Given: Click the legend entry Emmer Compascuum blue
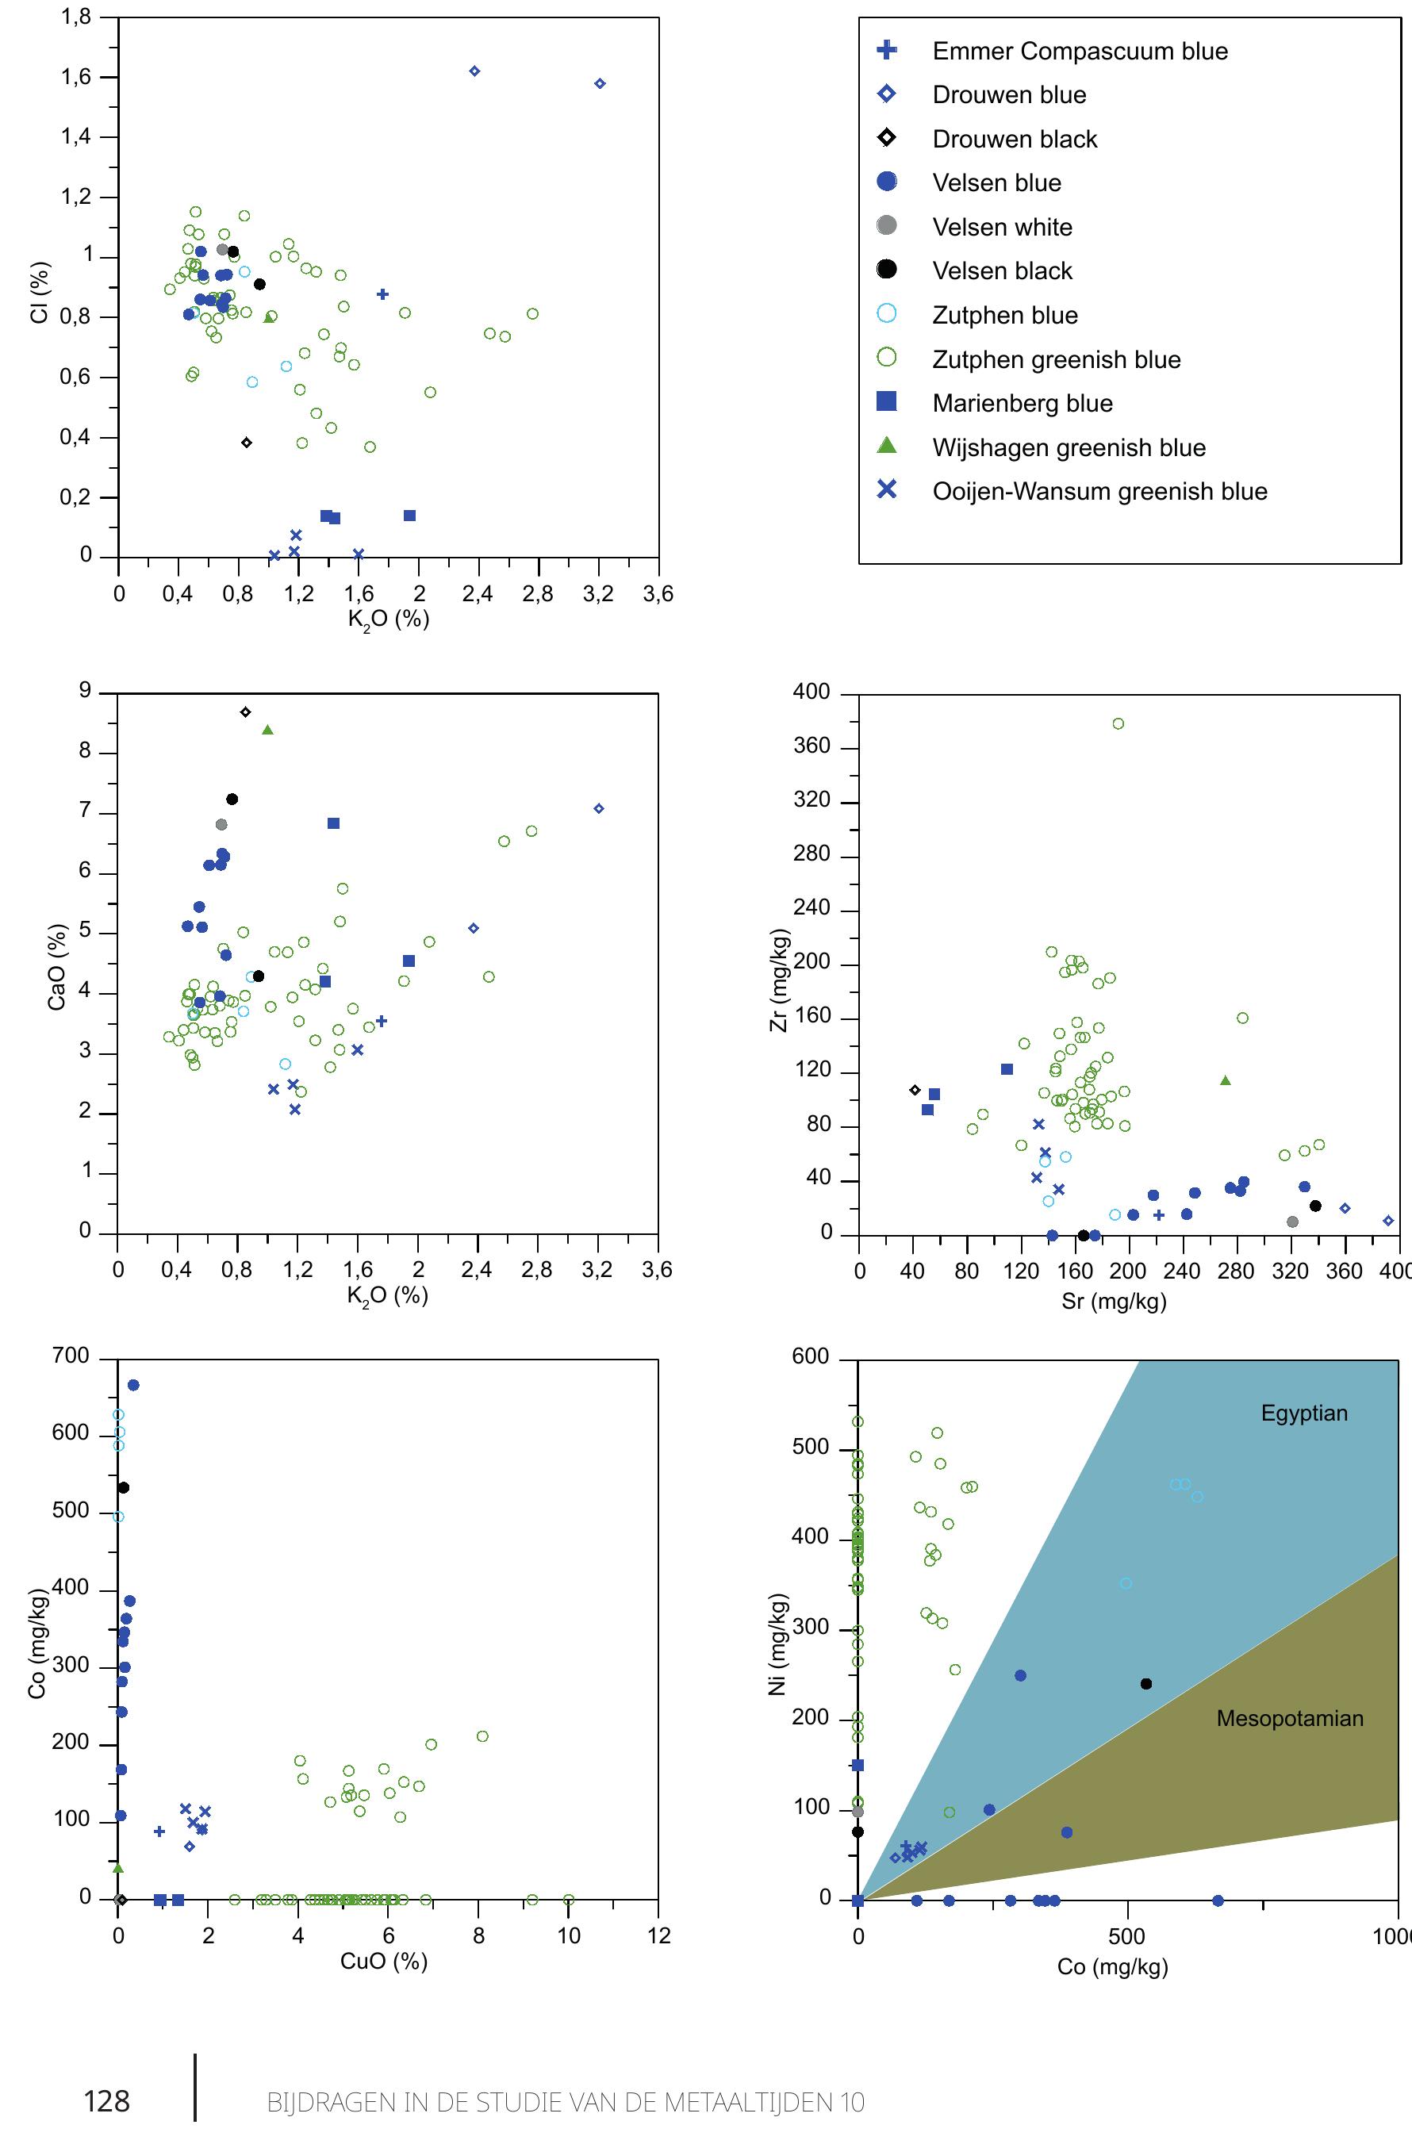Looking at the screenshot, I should click(x=1080, y=52).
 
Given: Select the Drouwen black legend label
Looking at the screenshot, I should click(x=1015, y=140).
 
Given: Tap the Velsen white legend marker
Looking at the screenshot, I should click(x=887, y=225).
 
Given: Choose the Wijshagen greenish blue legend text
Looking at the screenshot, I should click(x=1069, y=447).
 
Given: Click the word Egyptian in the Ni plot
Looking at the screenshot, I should click(x=1303, y=1413).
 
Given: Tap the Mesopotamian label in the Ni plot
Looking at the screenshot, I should click(x=1290, y=1718).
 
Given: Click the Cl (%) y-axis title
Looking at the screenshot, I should click(x=40, y=292).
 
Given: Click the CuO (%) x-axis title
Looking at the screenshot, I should click(x=383, y=1961).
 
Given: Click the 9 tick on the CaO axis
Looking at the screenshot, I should click(x=85, y=691).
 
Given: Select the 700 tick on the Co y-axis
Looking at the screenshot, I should click(x=71, y=1356).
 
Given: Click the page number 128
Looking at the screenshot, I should click(x=106, y=2102).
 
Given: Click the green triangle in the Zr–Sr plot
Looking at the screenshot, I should click(x=1225, y=1080).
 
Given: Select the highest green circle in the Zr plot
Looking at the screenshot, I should click(x=1118, y=723).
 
